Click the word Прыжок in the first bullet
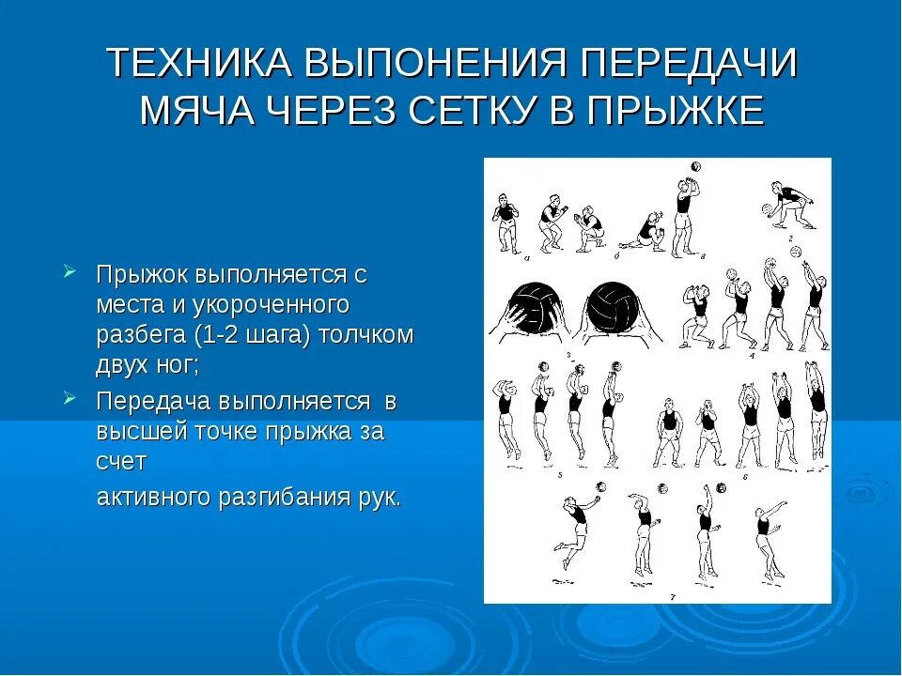click(x=142, y=276)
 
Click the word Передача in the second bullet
click(x=154, y=401)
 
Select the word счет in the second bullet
click(x=120, y=462)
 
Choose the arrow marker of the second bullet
click(x=70, y=398)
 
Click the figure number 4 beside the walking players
click(x=752, y=356)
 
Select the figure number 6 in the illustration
click(x=744, y=477)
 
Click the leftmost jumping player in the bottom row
click(x=571, y=526)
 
